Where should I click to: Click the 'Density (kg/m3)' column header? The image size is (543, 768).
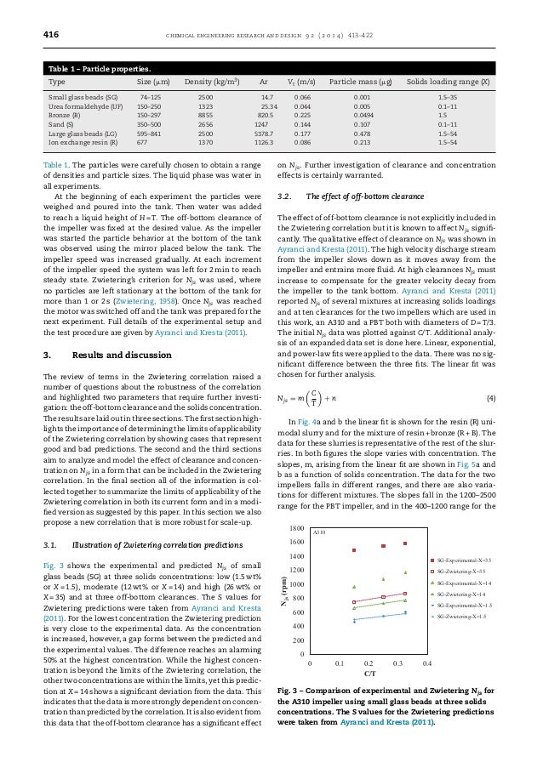211,84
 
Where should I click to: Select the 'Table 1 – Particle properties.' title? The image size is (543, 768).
101,66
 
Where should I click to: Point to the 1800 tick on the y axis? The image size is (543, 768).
296,529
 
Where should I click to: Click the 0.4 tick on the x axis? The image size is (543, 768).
427,660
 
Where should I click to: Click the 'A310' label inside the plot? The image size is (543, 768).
321,532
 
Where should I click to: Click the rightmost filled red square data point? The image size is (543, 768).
405,543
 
